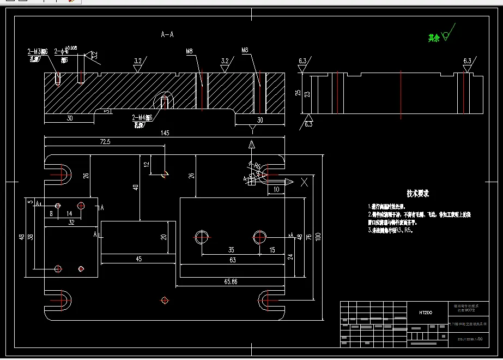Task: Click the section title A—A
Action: (167, 34)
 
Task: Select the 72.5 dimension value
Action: (104, 142)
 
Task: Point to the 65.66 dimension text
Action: (231, 281)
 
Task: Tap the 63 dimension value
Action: (233, 260)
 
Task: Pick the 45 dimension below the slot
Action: (138, 259)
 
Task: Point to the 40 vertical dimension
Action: (136, 187)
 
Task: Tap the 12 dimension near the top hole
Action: (146, 164)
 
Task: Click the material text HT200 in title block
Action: (426, 313)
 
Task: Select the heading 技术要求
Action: (418, 194)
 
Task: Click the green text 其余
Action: (433, 38)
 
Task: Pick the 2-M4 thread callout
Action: (141, 117)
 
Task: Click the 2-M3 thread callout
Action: (38, 51)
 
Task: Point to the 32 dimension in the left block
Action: (71, 223)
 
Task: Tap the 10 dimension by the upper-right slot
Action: (277, 189)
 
